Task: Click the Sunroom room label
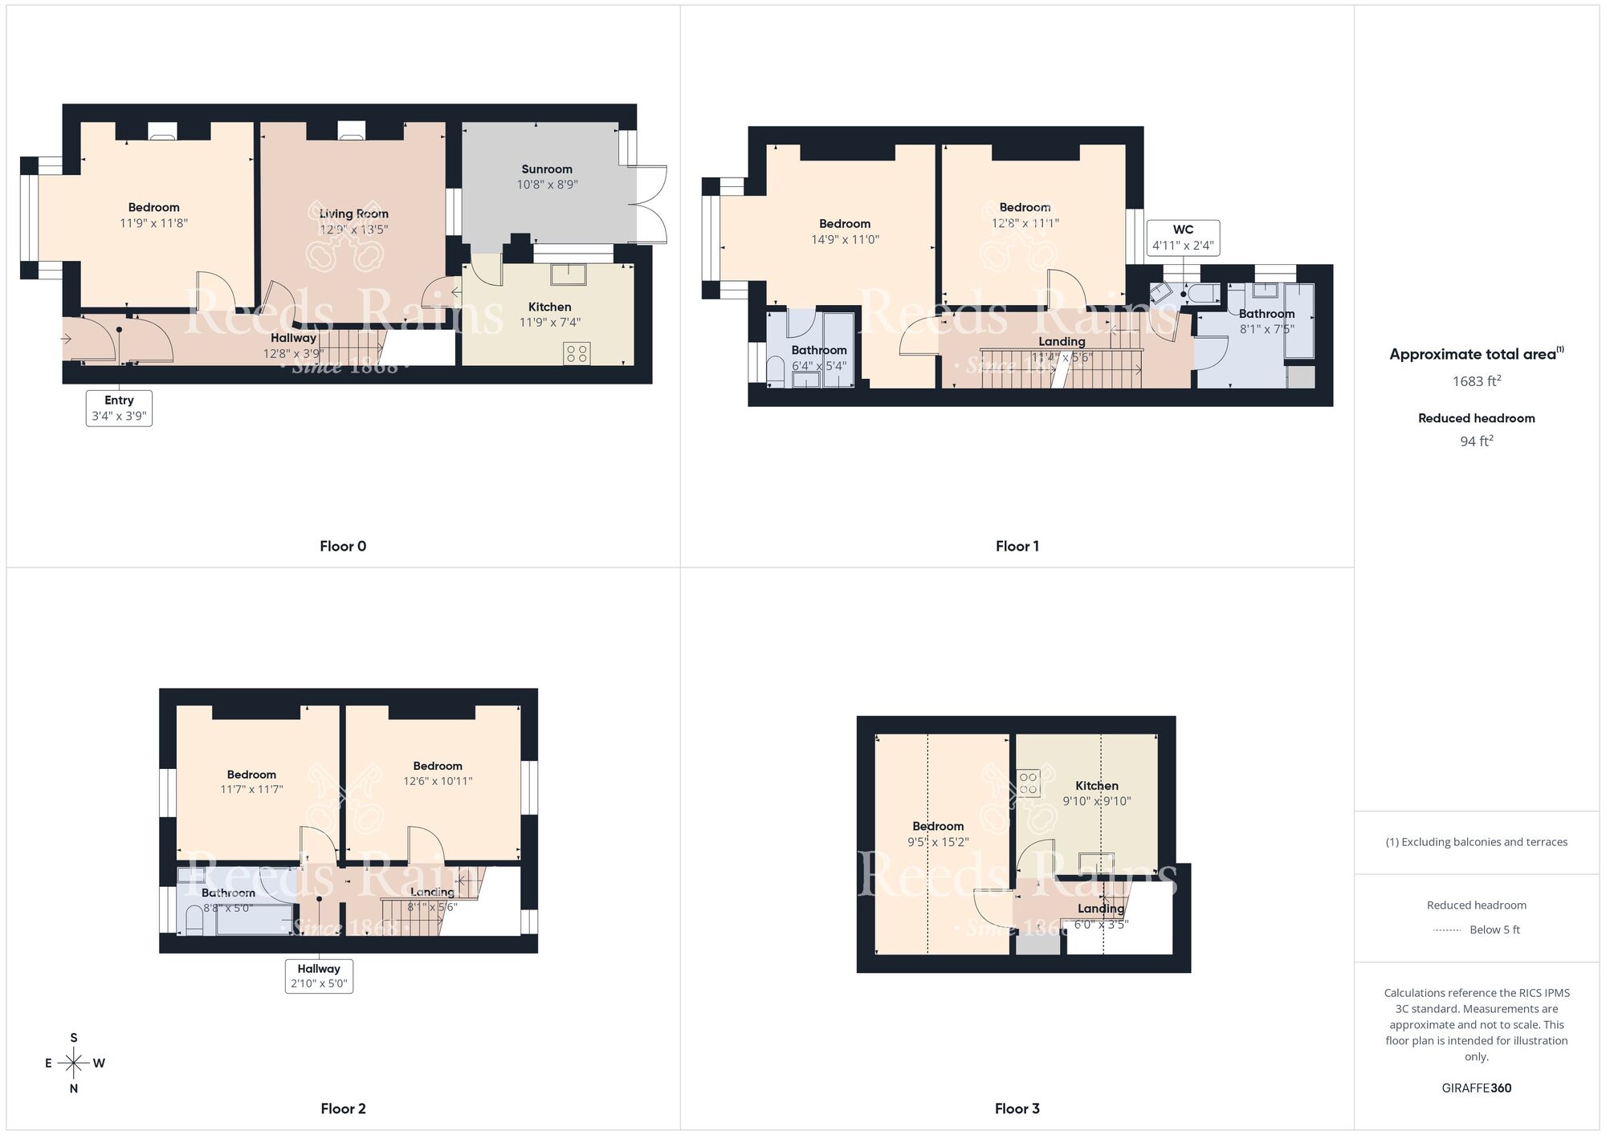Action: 547,169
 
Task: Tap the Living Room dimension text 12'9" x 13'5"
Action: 353,230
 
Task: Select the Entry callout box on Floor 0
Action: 119,408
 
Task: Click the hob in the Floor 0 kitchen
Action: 577,353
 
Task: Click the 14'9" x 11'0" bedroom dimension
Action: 845,239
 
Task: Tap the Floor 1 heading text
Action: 1017,546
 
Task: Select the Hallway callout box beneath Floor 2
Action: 319,976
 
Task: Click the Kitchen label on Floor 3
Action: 1097,786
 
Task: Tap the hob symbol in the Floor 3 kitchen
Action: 1029,783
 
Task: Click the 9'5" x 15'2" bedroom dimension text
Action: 938,842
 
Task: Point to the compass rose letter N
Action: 74,1088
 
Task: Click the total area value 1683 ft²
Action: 1476,381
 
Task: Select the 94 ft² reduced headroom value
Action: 1476,441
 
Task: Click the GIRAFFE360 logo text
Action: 1476,1088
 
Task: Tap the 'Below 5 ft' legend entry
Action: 1494,930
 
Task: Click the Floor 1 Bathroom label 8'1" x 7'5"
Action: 1266,321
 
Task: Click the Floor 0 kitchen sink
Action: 568,275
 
